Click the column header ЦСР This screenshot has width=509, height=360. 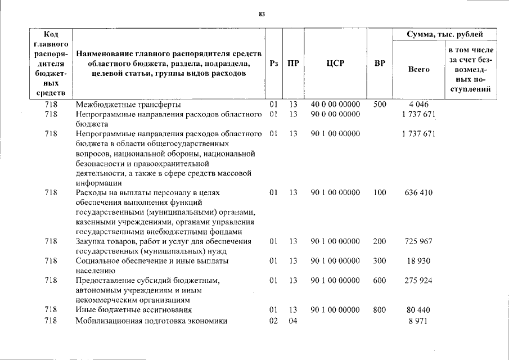[335, 64]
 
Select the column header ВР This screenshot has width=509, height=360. [380, 64]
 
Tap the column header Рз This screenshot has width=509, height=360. [274, 64]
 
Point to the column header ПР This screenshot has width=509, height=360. [293, 64]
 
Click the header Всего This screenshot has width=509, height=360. [418, 69]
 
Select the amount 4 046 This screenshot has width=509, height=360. [418, 104]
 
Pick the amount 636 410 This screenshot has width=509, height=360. [418, 193]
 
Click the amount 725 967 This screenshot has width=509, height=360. [418, 241]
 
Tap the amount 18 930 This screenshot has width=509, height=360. [418, 261]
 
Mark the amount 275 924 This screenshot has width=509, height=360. [418, 280]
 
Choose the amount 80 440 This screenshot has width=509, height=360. [418, 309]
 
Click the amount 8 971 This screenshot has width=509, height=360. [418, 321]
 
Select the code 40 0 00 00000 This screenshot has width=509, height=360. [335, 104]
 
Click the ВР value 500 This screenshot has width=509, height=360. [380, 104]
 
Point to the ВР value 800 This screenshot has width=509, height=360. [380, 309]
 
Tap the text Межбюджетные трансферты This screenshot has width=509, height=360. [128, 104]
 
